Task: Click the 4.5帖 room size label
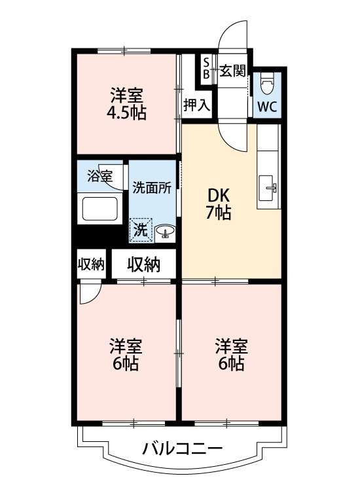tap(127, 113)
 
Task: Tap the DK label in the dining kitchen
tap(219, 195)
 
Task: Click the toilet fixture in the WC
tap(267, 84)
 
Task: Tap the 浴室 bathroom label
tap(100, 175)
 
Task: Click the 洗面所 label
tap(152, 187)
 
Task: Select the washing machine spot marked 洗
tap(141, 230)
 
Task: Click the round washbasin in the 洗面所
tap(164, 230)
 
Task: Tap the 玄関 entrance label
tap(232, 71)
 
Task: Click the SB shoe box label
tap(206, 68)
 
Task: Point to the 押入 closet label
tap(196, 104)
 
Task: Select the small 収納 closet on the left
tap(91, 264)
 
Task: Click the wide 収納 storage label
tap(143, 264)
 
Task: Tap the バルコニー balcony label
tap(183, 449)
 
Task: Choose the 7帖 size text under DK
tap(219, 213)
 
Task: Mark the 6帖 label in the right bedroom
tap(232, 364)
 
